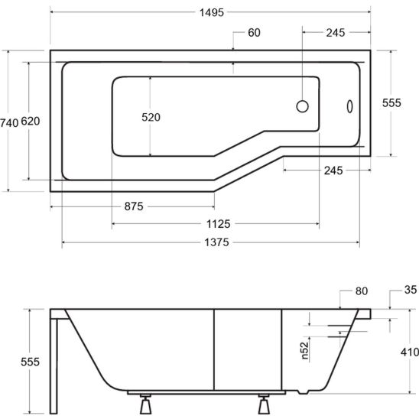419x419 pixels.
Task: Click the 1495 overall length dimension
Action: click(209, 14)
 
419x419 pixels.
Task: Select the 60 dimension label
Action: click(253, 32)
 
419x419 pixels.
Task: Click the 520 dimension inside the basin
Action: click(151, 117)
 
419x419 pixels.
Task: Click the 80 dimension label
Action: click(362, 291)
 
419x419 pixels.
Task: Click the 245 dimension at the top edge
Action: click(334, 32)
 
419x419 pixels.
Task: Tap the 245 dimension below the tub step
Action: click(334, 171)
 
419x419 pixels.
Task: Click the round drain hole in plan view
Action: click(302, 106)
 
